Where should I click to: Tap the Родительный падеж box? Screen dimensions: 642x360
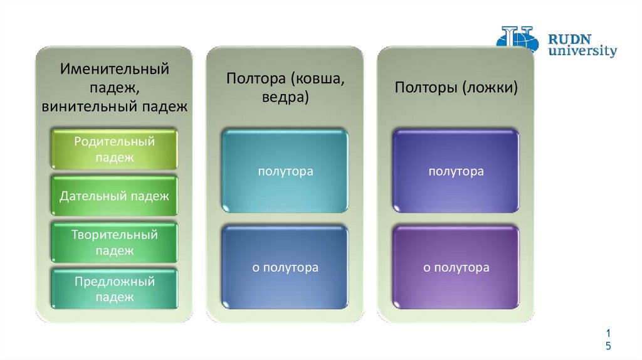(x=115, y=149)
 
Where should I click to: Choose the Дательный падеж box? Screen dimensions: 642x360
(x=115, y=196)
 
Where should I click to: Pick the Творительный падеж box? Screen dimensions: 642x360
(x=115, y=243)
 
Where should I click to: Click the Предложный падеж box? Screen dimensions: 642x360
(x=115, y=289)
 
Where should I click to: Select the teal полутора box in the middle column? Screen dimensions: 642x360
(x=285, y=171)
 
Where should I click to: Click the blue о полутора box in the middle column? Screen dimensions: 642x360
(x=285, y=268)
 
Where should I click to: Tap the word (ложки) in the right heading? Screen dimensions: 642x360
(x=490, y=87)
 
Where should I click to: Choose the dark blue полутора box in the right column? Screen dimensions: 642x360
(x=456, y=171)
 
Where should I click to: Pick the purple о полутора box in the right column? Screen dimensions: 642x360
(x=456, y=268)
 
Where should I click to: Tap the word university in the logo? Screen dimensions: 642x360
(x=582, y=51)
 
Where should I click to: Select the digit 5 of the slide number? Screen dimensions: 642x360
(x=608, y=347)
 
